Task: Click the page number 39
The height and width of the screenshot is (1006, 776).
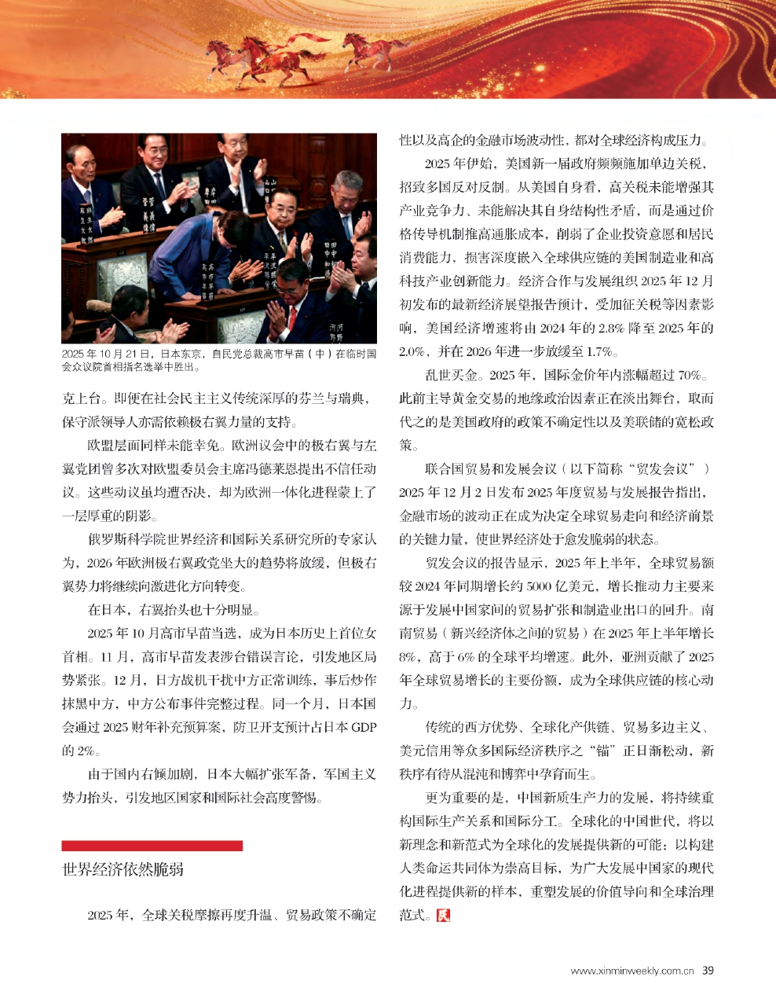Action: click(708, 970)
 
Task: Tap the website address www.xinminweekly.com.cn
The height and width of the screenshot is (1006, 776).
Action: click(631, 971)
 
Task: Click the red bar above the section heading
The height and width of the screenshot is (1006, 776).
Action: click(152, 846)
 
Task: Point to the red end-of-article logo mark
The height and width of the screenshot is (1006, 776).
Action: click(444, 915)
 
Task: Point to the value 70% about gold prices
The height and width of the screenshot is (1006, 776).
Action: click(687, 375)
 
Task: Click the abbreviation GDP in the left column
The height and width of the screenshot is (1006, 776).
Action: click(364, 727)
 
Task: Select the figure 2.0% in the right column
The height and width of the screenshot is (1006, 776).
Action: click(412, 351)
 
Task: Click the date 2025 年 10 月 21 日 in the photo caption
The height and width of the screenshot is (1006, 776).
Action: click(108, 354)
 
